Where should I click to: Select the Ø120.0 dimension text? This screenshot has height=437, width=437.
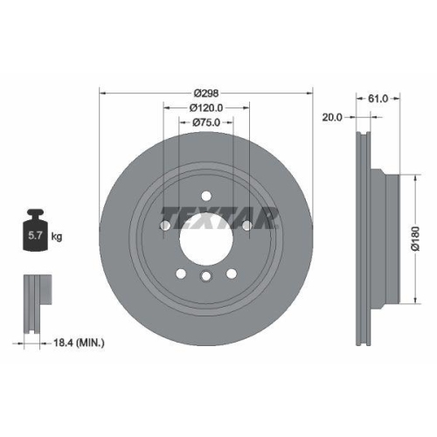point(207,108)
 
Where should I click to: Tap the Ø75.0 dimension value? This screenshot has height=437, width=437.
point(207,123)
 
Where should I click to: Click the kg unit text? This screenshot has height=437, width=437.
point(58,236)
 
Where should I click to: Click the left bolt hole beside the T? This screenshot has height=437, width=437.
point(164,226)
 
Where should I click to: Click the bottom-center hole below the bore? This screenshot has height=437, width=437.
point(206,276)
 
